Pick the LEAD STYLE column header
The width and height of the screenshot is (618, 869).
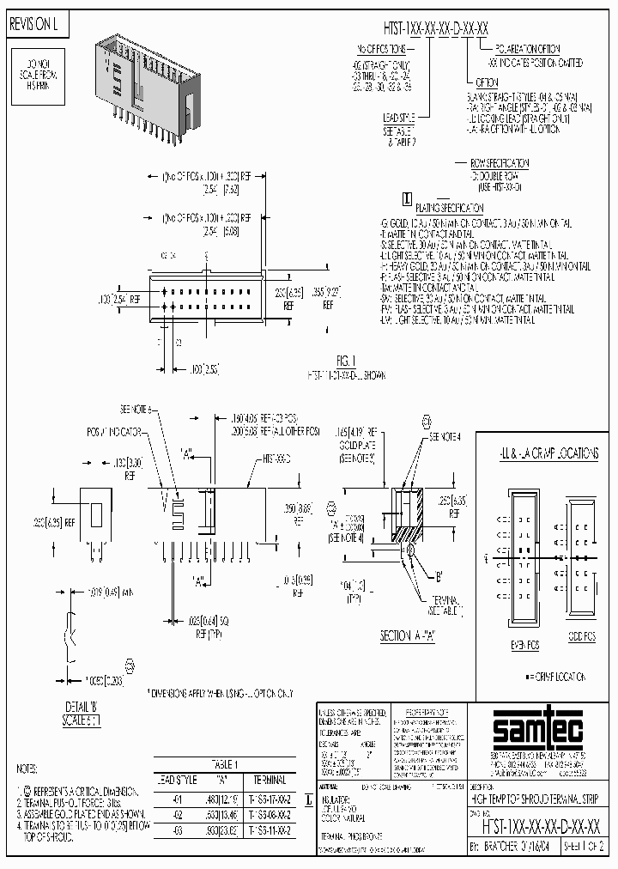pyautogui.click(x=176, y=780)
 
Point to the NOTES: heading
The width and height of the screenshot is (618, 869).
pyautogui.click(x=28, y=769)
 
